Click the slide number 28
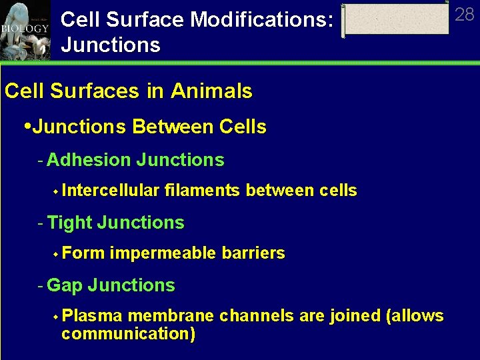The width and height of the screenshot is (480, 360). pyautogui.click(x=464, y=14)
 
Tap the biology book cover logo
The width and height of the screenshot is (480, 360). pyautogui.click(x=25, y=30)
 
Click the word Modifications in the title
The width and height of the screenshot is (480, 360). pyautogui.click(x=261, y=19)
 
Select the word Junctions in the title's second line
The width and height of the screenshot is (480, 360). pyautogui.click(x=110, y=45)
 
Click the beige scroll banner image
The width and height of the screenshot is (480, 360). pyautogui.click(x=397, y=20)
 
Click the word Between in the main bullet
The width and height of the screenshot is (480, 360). pyautogui.click(x=170, y=127)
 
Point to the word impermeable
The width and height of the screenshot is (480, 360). pyautogui.click(x=164, y=253)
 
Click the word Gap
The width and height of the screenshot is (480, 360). pyautogui.click(x=65, y=285)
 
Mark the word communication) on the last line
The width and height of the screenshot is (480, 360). pyautogui.click(x=128, y=333)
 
